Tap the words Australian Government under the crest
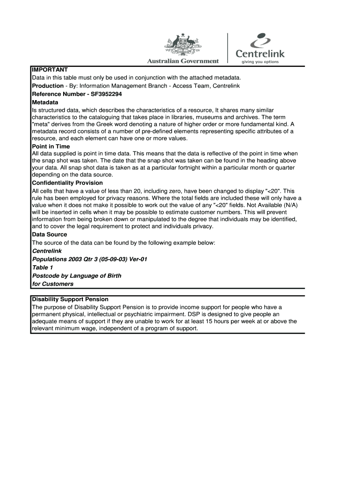tap(183, 61)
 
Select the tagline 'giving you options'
tap(259, 61)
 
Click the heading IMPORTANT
tap(50, 69)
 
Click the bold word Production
tap(48, 86)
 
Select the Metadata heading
tap(45, 102)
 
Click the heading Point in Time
tap(50, 146)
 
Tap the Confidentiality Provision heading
tap(67, 183)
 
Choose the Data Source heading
tap(50, 234)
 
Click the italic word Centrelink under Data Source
tap(47, 251)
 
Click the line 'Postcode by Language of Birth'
tap(77, 276)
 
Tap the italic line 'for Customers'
tap(53, 284)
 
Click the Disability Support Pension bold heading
tap(70, 299)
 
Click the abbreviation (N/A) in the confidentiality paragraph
tap(289, 205)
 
